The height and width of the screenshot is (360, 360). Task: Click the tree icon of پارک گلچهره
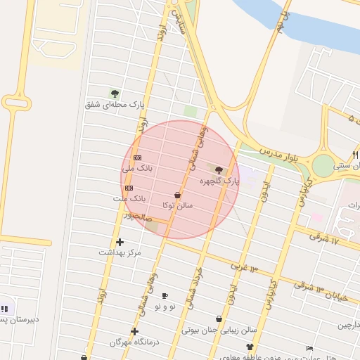[x=219, y=170]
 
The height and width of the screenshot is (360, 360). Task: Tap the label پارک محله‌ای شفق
[x=115, y=105]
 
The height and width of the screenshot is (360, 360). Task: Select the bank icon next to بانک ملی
[x=137, y=157]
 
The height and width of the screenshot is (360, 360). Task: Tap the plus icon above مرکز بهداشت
[x=120, y=242]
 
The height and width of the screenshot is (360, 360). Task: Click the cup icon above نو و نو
[x=165, y=296]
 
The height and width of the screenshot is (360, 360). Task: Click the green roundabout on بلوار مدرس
[x=323, y=167]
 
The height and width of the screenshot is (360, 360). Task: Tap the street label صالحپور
[x=138, y=217]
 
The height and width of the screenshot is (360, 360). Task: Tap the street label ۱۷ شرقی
[x=324, y=238]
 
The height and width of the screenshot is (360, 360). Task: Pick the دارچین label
[x=352, y=325]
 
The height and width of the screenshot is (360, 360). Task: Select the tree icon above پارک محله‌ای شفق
[x=115, y=94]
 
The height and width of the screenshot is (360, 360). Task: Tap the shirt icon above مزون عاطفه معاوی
[x=250, y=347]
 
